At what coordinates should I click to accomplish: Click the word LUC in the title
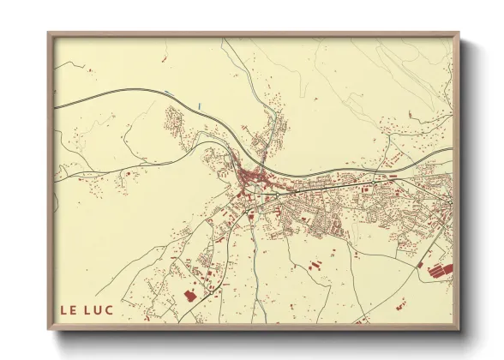pyautogui.click(x=100, y=308)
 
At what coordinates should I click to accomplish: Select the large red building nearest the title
pyautogui.click(x=189, y=295)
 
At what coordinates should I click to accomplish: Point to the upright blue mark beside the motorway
pyautogui.click(x=200, y=105)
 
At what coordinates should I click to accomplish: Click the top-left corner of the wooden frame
pyautogui.click(x=50, y=34)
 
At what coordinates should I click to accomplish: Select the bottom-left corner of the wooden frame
pyautogui.click(x=50, y=328)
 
